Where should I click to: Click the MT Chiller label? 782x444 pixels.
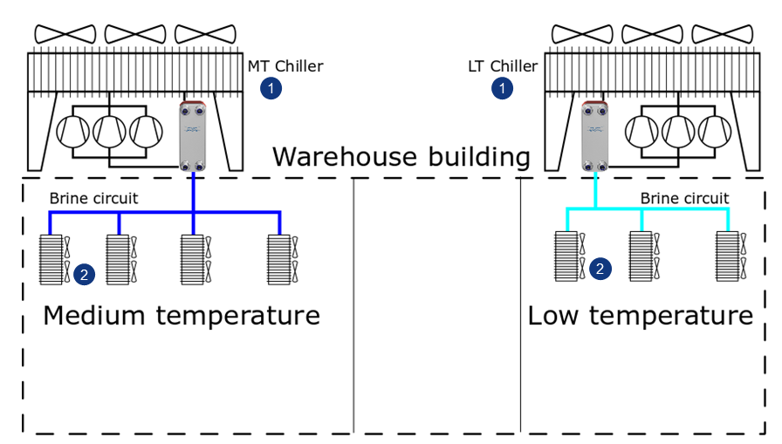click(285, 66)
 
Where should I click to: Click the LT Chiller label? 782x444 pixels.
click(504, 66)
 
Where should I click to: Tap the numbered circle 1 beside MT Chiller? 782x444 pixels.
click(272, 87)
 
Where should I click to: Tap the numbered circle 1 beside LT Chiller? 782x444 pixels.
click(502, 87)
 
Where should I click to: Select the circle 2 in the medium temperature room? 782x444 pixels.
click(84, 274)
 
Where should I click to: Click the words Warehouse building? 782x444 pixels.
click(401, 157)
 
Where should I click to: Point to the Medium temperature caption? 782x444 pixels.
click(182, 315)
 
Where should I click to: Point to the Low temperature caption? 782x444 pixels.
click(640, 315)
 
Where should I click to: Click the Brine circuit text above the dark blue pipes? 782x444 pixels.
click(93, 198)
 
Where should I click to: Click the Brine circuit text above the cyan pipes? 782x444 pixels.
click(684, 198)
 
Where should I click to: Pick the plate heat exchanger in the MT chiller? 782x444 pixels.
click(192, 137)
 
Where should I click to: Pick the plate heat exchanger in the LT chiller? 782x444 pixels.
click(595, 137)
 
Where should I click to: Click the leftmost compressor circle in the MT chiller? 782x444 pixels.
click(73, 131)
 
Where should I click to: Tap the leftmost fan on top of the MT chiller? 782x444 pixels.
click(65, 34)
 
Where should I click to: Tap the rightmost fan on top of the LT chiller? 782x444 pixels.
click(723, 34)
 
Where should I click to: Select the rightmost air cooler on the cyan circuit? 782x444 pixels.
click(727, 255)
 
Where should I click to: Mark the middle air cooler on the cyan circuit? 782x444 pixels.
click(641, 255)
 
